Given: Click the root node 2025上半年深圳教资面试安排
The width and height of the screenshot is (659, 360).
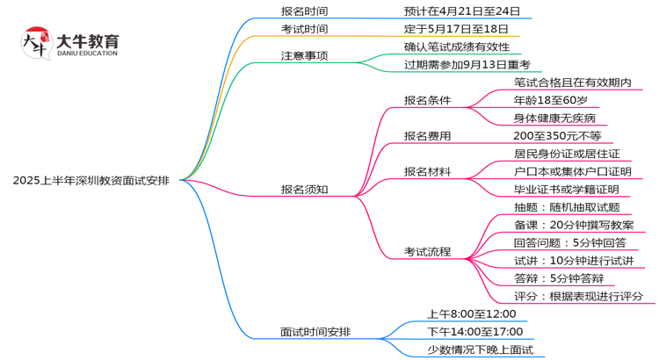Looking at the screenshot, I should [98, 180].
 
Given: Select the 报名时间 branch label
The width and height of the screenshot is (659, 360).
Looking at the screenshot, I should [304, 11].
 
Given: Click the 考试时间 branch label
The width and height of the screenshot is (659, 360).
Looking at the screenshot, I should [304, 29].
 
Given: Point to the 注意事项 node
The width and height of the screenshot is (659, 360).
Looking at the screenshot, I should [304, 55].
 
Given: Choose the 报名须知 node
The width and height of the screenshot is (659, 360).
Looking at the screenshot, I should [304, 189].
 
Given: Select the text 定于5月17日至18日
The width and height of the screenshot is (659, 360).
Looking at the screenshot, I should [456, 29].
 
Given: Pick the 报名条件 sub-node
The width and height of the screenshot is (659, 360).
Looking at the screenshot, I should [427, 100].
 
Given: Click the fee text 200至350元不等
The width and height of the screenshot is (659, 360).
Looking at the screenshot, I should [558, 135].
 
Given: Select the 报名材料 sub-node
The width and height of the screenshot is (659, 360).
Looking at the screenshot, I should [427, 171].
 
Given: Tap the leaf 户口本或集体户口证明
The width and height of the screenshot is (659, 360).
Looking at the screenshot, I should [572, 171].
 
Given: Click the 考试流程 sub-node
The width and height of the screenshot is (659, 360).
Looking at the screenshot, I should [427, 252].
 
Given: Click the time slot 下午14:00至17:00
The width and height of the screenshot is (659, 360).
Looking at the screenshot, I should [475, 332].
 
